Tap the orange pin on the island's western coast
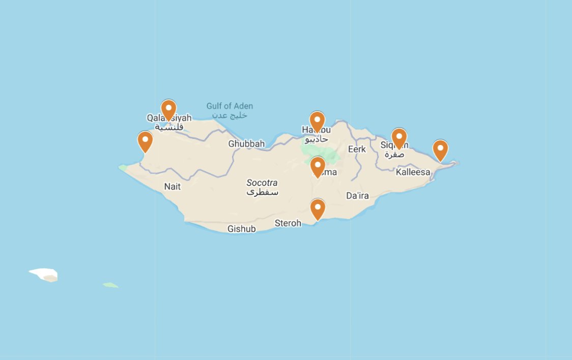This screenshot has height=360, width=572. pos(145,141)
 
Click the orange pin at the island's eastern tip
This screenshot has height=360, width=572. pos(440,149)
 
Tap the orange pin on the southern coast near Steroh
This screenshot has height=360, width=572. pos(318,208)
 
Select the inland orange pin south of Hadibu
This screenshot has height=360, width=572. pos(318,166)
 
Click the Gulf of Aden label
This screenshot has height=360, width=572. pos(230,106)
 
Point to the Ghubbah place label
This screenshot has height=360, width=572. pos(246,144)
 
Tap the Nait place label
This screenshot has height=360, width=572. pos(173,187)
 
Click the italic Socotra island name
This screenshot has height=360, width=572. pos(262,183)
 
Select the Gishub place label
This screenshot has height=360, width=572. pos(242,229)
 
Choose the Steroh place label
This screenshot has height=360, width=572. pos(288,223)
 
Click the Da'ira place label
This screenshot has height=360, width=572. pos(357,196)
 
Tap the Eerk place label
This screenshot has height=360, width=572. pos(357,149)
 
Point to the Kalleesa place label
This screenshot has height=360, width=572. pos(413,172)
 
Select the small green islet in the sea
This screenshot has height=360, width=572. pos(110,285)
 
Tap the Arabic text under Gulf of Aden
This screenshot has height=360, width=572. pos(230,115)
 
